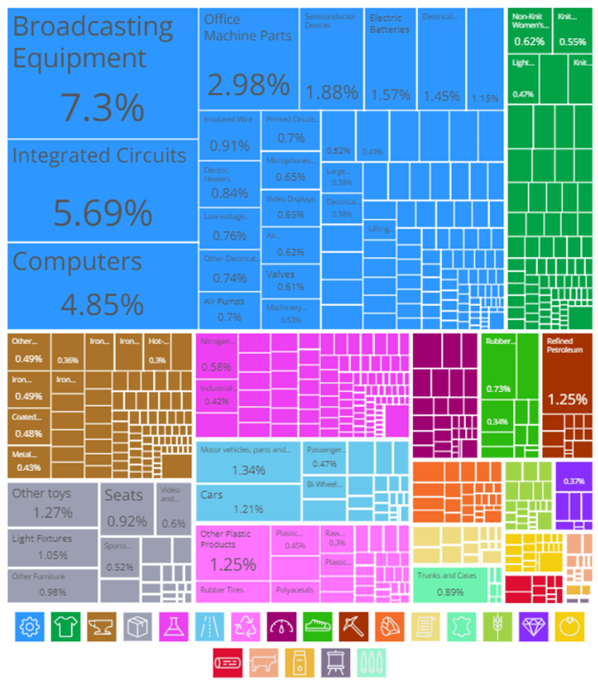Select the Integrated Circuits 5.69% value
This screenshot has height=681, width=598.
click(x=102, y=214)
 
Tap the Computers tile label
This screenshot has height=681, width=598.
click(x=77, y=262)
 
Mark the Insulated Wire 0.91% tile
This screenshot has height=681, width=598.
click(x=229, y=133)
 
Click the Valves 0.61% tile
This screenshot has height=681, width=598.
click(x=291, y=280)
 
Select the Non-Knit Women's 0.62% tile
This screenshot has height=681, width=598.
click(x=530, y=31)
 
